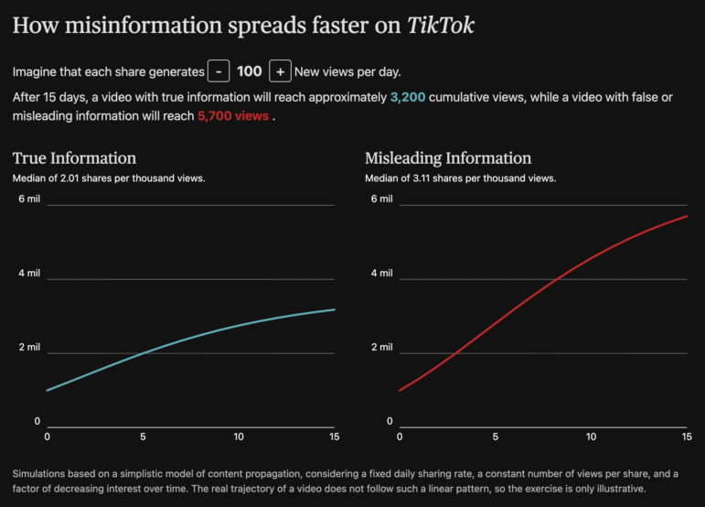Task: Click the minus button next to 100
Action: tap(219, 71)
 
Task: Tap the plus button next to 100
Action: tap(280, 71)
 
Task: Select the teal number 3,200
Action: tap(407, 96)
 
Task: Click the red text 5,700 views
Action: tap(233, 116)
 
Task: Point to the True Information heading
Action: tap(74, 158)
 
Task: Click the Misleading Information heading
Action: tap(447, 158)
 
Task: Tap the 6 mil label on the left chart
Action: tap(30, 199)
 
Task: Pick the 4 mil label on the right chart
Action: tap(382, 273)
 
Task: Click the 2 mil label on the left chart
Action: tap(30, 347)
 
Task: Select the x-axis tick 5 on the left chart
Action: tap(143, 437)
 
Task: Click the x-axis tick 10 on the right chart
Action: tap(591, 437)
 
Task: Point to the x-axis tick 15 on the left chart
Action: tap(334, 437)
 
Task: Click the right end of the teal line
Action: tap(334, 309)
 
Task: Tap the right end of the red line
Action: tap(687, 216)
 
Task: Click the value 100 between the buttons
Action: tap(249, 71)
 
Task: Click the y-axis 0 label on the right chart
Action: tap(390, 421)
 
